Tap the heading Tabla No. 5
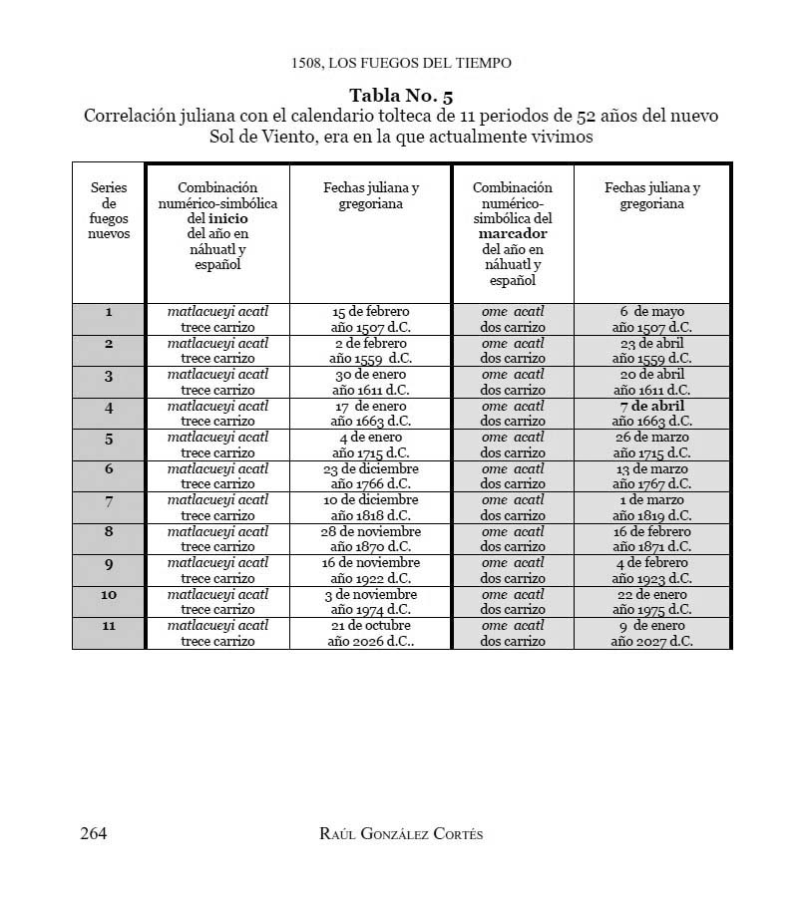click(x=401, y=97)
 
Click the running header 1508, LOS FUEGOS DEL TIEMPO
click(x=401, y=63)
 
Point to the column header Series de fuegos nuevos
click(x=109, y=210)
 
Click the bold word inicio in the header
click(x=227, y=218)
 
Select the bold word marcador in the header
click(x=513, y=233)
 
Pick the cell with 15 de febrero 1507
click(x=370, y=319)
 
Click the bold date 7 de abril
click(x=651, y=406)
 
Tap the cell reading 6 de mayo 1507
click(x=651, y=319)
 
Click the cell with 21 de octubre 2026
click(x=370, y=633)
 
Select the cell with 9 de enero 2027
click(x=651, y=633)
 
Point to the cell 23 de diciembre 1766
click(x=370, y=476)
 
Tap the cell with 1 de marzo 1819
click(x=651, y=507)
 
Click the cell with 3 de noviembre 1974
click(x=370, y=602)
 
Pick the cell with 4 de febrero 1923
click(x=651, y=570)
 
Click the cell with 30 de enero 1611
click(x=370, y=382)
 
